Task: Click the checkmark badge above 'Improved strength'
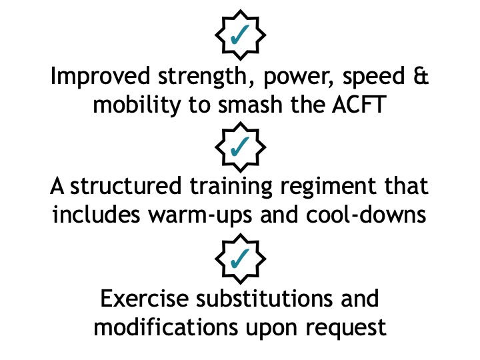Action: pyautogui.click(x=240, y=35)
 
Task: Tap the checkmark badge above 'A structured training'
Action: pyautogui.click(x=240, y=147)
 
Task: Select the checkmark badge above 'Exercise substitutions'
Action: pyautogui.click(x=240, y=259)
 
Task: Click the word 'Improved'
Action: pyautogui.click(x=100, y=77)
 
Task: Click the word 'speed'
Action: pyautogui.click(x=373, y=77)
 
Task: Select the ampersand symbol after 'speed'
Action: pyautogui.click(x=421, y=75)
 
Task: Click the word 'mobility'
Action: pyautogui.click(x=137, y=105)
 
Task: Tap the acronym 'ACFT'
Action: pyautogui.click(x=359, y=105)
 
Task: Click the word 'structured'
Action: pyautogui.click(x=126, y=185)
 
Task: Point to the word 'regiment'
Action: pyautogui.click(x=328, y=187)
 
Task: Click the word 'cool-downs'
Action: pyautogui.click(x=366, y=214)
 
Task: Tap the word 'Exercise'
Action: pyautogui.click(x=145, y=298)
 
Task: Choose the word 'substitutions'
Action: pyautogui.click(x=264, y=298)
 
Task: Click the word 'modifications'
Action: pyautogui.click(x=165, y=327)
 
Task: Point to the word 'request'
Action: pyautogui.click(x=346, y=329)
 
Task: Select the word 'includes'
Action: pyautogui.click(x=97, y=214)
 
